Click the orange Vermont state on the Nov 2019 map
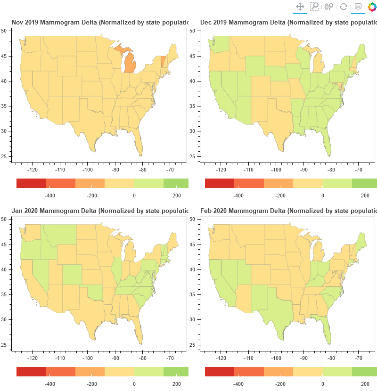tap(163, 62)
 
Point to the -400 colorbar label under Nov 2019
tap(50, 195)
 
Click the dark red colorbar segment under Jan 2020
tap(31, 372)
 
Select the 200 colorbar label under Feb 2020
tap(365, 384)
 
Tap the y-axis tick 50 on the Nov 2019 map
tap(4, 31)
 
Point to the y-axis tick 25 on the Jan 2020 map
tap(4, 345)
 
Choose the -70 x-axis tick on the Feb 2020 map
tap(359, 358)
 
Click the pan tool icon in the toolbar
tap(300, 7)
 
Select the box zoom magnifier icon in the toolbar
tap(314, 7)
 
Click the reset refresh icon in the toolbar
tap(344, 7)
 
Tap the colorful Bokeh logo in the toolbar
tap(372, 7)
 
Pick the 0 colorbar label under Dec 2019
tap(323, 195)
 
